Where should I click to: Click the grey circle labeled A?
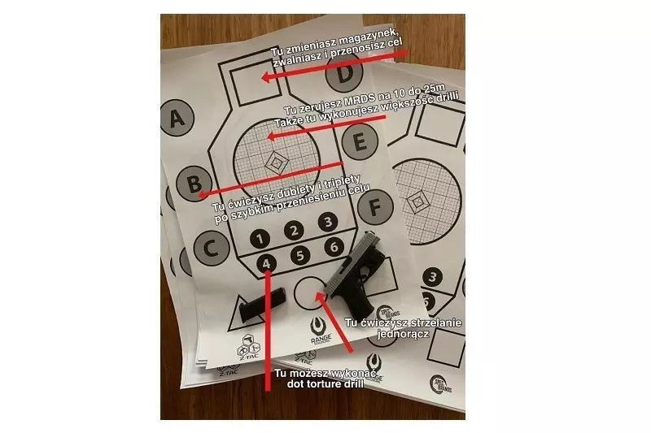177,121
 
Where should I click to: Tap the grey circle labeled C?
211,249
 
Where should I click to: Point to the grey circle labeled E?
357,145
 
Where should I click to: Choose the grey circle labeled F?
375,208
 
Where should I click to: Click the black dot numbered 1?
259,239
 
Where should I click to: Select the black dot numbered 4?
269,263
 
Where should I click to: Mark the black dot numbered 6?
332,247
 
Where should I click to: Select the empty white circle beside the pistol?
308,293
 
